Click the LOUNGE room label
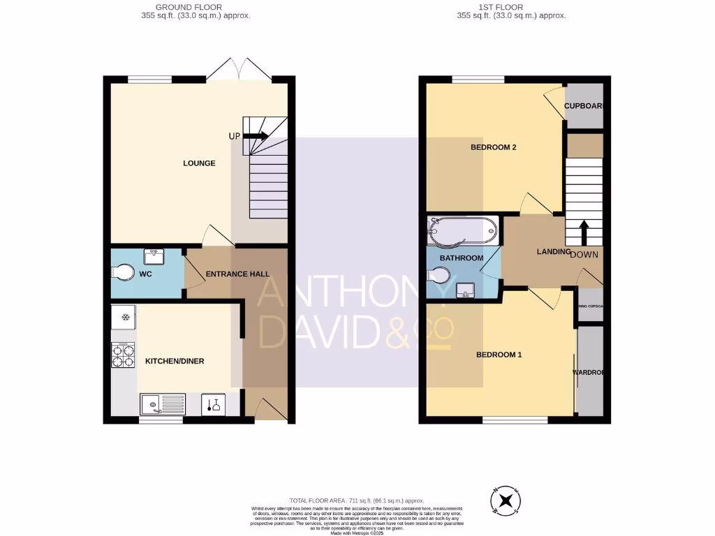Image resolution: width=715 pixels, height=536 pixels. pyautogui.click(x=199, y=163)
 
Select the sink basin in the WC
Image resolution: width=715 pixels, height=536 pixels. pyautogui.click(x=153, y=258)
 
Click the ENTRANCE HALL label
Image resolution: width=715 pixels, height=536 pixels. pyautogui.click(x=237, y=274)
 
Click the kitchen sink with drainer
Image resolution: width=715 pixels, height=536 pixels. pyautogui.click(x=161, y=404)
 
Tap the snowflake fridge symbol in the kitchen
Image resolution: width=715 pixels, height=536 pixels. pyautogui.click(x=125, y=318)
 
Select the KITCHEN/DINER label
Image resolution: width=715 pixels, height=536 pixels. pyautogui.click(x=175, y=362)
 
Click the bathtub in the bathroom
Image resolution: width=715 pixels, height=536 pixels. pyautogui.click(x=462, y=232)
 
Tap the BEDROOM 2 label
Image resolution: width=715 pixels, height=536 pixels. pyautogui.click(x=493, y=147)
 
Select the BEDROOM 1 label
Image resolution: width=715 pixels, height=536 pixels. pyautogui.click(x=499, y=355)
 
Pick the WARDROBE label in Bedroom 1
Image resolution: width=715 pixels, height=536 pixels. pyautogui.click(x=588, y=373)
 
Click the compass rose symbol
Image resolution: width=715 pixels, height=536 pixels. pyautogui.click(x=508, y=500)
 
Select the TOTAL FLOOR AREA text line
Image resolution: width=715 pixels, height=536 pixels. pyautogui.click(x=357, y=500)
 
